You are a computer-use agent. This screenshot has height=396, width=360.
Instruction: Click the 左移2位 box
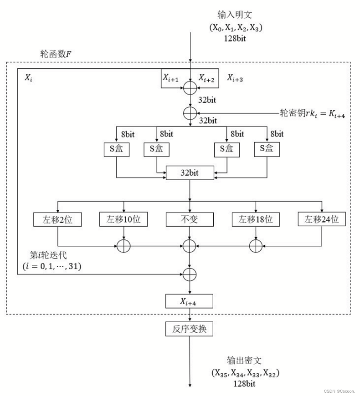[x=57, y=219]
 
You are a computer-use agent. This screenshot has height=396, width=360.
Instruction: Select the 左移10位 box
[x=123, y=219]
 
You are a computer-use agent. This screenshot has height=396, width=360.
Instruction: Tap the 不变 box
[x=189, y=219]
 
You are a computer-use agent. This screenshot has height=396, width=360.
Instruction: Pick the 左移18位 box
[x=255, y=219]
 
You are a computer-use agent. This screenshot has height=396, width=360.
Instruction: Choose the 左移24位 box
[x=322, y=219]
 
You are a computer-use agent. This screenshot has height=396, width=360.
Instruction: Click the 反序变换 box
[x=189, y=329]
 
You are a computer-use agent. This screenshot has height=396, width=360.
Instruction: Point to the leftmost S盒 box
[x=116, y=149]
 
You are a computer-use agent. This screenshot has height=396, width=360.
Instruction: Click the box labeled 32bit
[x=189, y=173]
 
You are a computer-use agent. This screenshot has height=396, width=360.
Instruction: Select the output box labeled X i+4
[x=189, y=301]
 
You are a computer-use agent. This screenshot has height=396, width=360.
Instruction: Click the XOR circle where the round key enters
[x=190, y=112]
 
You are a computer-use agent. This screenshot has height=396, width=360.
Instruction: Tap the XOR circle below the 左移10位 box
[x=123, y=246]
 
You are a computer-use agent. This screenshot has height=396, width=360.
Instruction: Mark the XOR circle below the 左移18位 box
[x=255, y=246]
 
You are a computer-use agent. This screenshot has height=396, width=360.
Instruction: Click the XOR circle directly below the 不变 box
[x=190, y=246]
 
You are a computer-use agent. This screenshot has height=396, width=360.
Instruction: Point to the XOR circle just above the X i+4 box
[x=190, y=274]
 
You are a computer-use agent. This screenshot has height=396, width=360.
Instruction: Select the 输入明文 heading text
[x=236, y=16]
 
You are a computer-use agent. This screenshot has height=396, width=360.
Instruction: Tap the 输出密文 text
[x=245, y=360]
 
